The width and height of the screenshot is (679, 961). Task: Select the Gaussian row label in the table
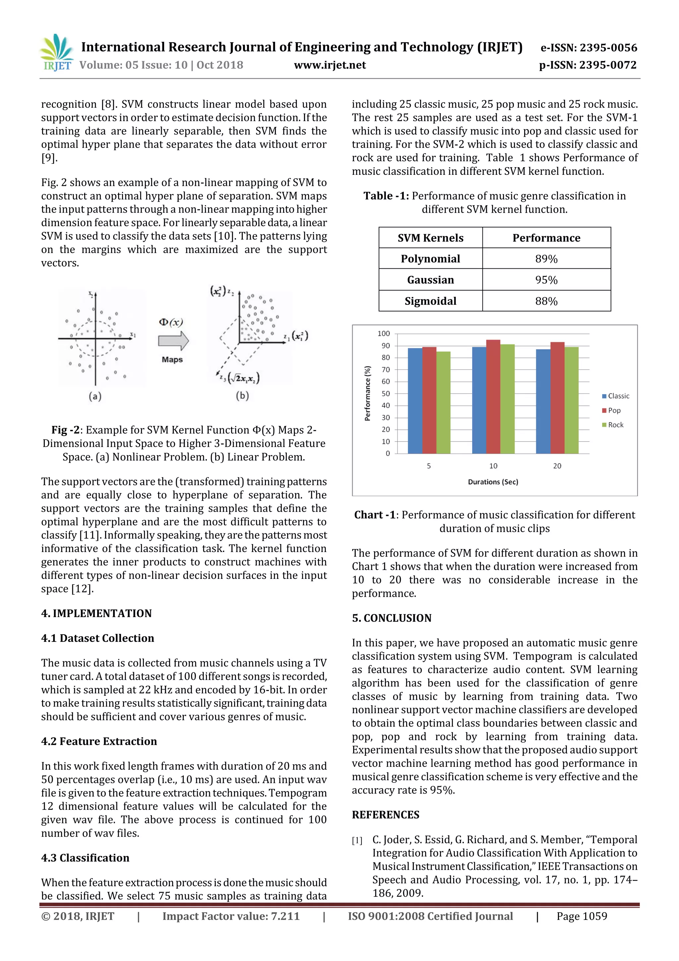(x=430, y=280)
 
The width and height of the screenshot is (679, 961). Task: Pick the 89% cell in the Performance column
(x=546, y=259)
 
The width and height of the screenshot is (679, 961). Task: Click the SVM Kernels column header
(x=430, y=238)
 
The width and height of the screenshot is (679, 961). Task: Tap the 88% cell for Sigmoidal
(x=546, y=301)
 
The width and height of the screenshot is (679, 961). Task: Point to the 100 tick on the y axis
(x=383, y=334)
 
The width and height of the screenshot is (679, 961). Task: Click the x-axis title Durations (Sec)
(x=493, y=482)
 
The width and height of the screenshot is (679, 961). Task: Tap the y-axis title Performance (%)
(x=367, y=393)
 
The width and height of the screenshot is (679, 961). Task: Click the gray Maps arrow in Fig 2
(x=173, y=341)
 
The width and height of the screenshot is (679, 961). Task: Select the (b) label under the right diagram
(x=242, y=395)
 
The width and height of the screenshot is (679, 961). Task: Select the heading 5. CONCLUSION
(x=391, y=618)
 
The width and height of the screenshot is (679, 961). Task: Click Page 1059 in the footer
(x=581, y=916)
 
